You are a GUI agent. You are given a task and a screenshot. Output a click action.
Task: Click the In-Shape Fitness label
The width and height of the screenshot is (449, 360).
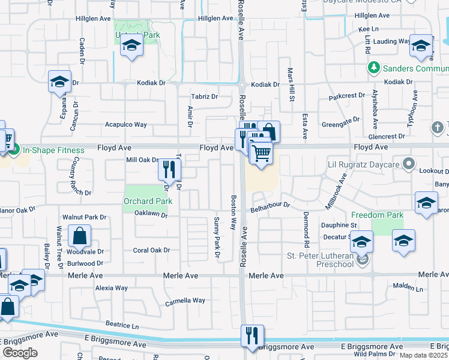click(51, 149)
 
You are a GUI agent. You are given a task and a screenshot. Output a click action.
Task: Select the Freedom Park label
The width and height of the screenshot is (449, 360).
click(376, 214)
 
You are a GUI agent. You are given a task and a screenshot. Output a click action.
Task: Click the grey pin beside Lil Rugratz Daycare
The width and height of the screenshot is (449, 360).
click(409, 163)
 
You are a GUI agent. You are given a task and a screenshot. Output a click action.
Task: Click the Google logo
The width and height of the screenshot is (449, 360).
click(20, 353)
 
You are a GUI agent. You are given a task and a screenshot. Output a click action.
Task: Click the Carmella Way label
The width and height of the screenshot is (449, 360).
click(185, 301)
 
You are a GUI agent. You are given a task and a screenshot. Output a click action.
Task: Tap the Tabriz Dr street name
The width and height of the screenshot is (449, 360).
click(204, 96)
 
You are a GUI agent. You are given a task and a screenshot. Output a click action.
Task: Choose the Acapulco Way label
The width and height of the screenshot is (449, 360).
click(126, 124)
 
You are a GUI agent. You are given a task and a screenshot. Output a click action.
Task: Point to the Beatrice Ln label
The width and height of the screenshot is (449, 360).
click(122, 324)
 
